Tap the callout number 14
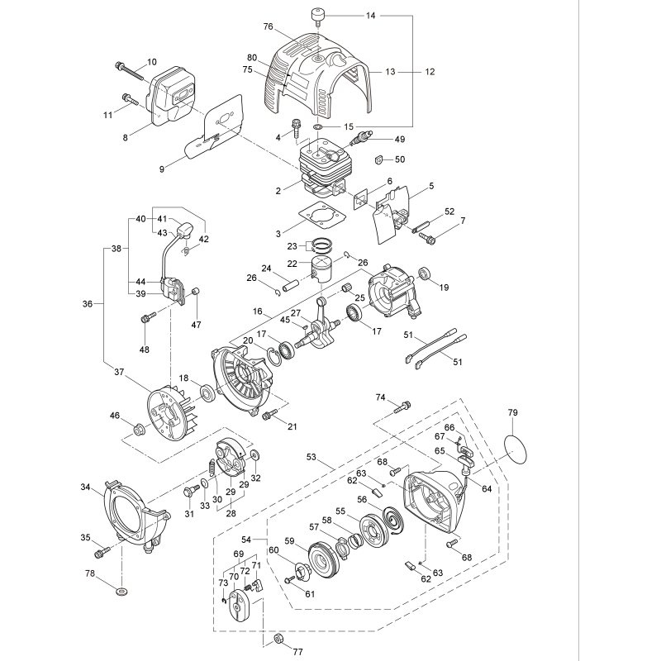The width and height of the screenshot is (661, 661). click(x=370, y=16)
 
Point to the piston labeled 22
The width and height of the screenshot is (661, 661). click(x=325, y=271)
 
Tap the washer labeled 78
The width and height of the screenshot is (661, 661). click(x=121, y=592)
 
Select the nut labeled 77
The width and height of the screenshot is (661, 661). click(x=278, y=638)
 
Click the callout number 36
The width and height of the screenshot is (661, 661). click(x=88, y=304)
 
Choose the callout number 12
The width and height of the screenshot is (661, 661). click(x=429, y=72)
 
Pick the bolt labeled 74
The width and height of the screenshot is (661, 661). click(x=404, y=406)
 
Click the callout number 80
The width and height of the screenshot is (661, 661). click(x=252, y=57)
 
